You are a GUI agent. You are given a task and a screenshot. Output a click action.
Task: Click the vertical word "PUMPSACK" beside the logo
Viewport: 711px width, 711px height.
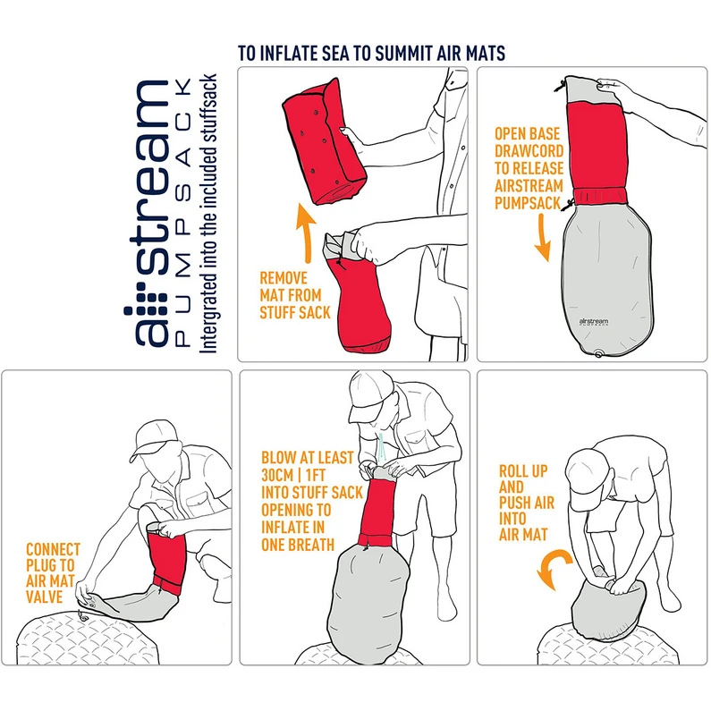pos(182,212)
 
